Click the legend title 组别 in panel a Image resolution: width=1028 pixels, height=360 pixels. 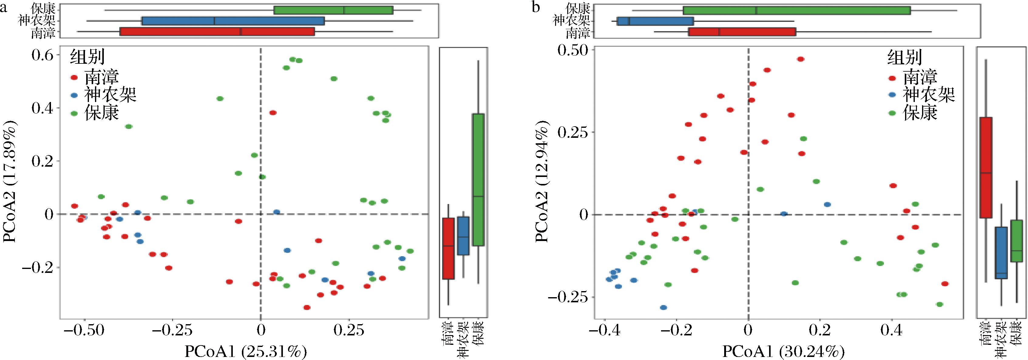pyautogui.click(x=87, y=57)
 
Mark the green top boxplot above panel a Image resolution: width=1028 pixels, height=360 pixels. pyautogui.click(x=333, y=10)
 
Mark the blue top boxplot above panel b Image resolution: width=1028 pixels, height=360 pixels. pyautogui.click(x=655, y=21)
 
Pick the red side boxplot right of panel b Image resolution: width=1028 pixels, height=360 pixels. pyautogui.click(x=986, y=168)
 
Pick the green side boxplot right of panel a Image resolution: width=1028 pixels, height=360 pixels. pyautogui.click(x=478, y=180)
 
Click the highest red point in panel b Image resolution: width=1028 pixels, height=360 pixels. pyautogui.click(x=800, y=59)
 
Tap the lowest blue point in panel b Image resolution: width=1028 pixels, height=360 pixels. pyautogui.click(x=663, y=307)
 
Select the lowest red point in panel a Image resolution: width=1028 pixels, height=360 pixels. pyautogui.click(x=307, y=307)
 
